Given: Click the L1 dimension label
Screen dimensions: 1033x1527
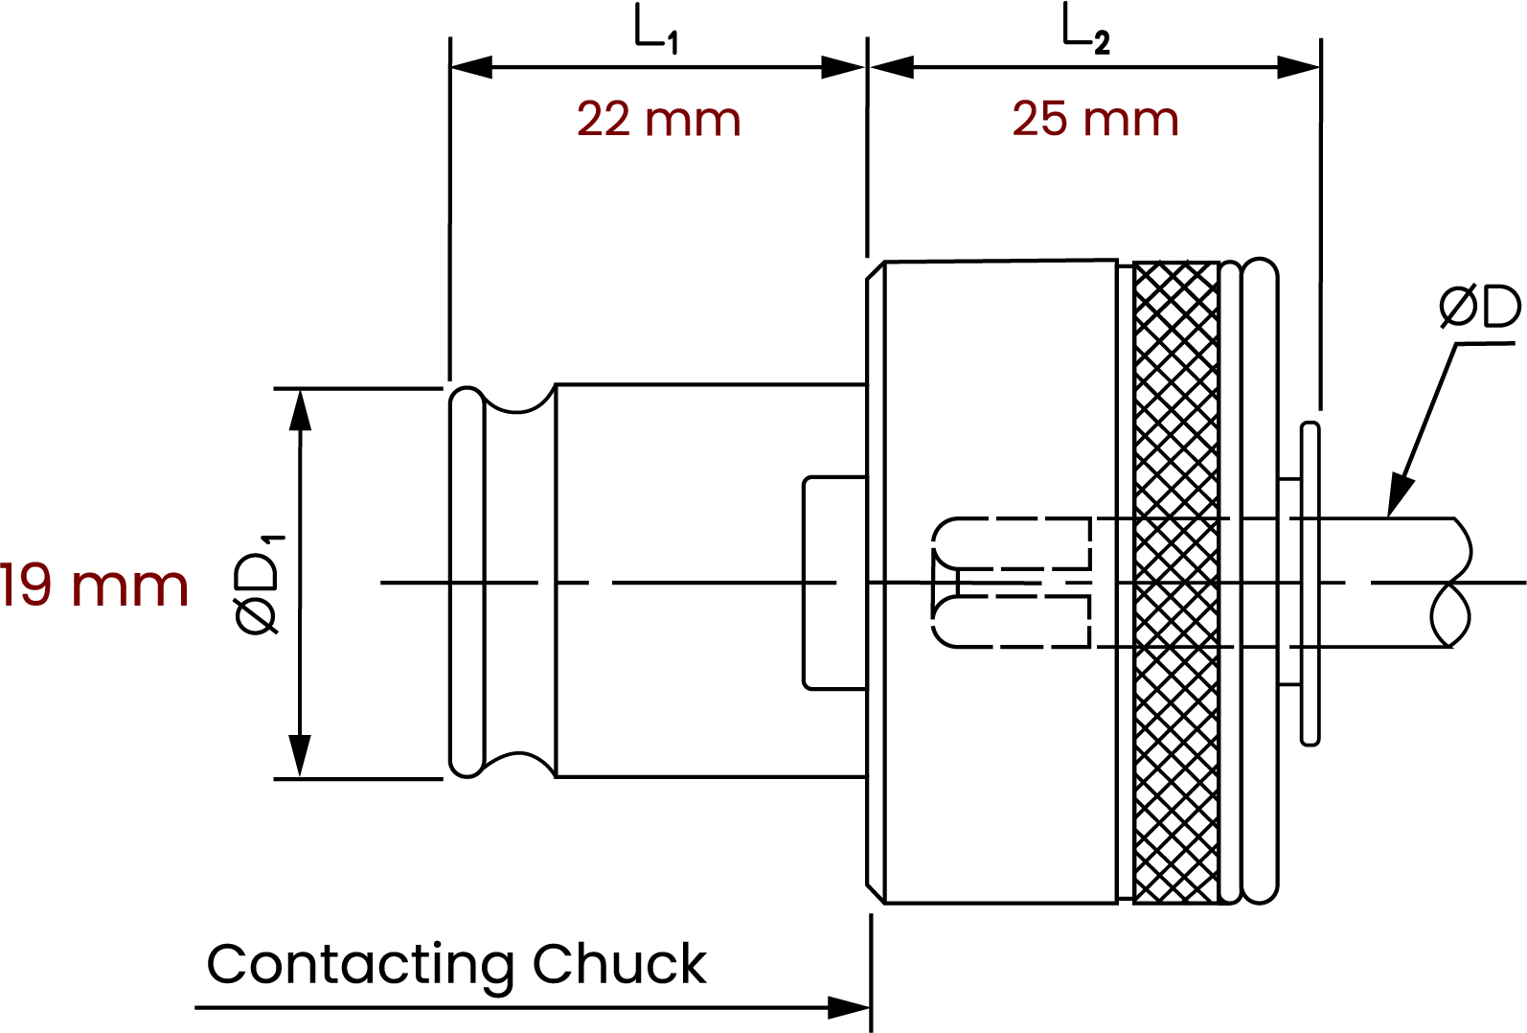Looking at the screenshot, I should tap(656, 31).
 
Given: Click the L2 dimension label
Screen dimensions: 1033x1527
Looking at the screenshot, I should tap(1085, 31).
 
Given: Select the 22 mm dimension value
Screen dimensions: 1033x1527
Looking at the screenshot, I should tap(658, 121).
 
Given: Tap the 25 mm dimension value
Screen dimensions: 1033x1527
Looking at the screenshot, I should tap(1095, 120).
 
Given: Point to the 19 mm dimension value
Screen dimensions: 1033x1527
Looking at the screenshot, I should tap(94, 586).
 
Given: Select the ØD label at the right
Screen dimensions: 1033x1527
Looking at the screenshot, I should tap(1479, 308).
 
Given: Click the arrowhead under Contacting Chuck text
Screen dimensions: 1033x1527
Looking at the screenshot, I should tap(849, 1007).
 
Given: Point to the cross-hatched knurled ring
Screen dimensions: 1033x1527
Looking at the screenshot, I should tap(1175, 581).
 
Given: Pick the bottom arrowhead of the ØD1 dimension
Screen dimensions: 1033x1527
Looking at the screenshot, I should tap(301, 756).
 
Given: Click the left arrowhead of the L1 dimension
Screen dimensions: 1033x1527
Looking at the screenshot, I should tap(471, 67).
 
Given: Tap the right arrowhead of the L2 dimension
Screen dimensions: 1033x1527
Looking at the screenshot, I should tap(1300, 67).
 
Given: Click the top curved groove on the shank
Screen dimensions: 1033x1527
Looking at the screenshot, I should tap(518, 401).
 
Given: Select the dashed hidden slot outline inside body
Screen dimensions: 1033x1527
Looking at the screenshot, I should tap(1011, 582).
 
